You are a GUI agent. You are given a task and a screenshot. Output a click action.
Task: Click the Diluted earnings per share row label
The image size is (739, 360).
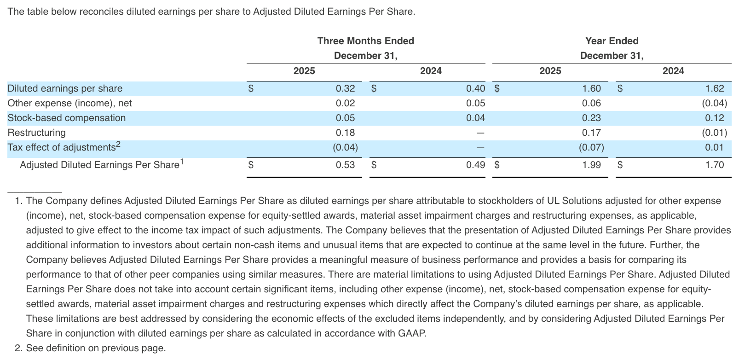click(x=65, y=88)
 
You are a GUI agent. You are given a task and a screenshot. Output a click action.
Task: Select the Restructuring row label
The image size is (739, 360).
click(x=36, y=133)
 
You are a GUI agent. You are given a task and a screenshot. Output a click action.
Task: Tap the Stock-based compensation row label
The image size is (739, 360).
click(x=66, y=118)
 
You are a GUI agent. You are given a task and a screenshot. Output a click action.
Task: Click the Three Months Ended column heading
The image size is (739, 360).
click(x=365, y=41)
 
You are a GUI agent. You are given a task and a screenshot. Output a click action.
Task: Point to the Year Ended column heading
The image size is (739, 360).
click(x=612, y=41)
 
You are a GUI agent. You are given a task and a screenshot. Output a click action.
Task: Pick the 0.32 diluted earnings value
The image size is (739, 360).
click(x=345, y=88)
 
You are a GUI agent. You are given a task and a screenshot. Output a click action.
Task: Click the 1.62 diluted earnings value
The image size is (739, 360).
click(x=714, y=88)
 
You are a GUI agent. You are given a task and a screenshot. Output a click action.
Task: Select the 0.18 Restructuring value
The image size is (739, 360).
click(x=345, y=133)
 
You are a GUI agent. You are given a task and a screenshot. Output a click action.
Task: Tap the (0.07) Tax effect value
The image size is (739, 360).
click(x=591, y=147)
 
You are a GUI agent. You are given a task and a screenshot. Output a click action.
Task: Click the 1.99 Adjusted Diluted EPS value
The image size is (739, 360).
click(x=591, y=165)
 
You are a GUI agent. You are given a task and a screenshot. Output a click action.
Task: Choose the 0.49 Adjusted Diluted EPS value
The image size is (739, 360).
click(x=475, y=165)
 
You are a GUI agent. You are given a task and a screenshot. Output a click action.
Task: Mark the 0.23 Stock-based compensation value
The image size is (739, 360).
click(x=591, y=118)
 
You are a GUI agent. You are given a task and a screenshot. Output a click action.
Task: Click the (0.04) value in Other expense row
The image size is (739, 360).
click(x=714, y=103)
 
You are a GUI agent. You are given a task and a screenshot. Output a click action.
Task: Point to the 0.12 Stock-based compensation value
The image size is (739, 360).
click(x=714, y=118)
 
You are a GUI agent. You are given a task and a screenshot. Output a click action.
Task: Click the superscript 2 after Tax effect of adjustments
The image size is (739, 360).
click(x=118, y=145)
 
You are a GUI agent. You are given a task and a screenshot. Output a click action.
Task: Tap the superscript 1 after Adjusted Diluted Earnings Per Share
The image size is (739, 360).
click(x=181, y=162)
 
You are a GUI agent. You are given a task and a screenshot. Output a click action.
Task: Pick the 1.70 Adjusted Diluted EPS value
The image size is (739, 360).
click(x=714, y=165)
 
